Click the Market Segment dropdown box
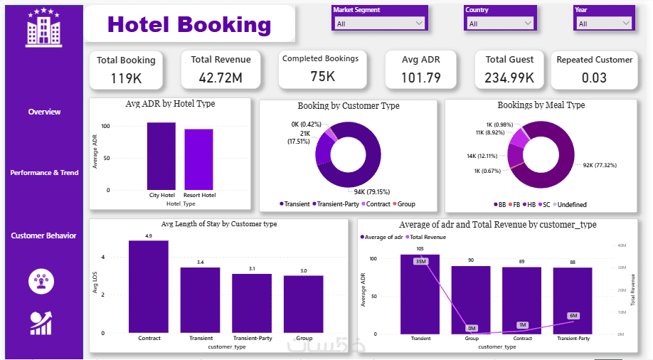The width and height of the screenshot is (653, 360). (x=379, y=23)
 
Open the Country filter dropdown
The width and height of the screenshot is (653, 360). (x=499, y=23)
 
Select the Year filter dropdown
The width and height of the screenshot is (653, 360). (x=603, y=23)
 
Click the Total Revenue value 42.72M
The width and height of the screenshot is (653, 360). (x=221, y=77)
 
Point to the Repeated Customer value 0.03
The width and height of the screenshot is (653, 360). (x=594, y=78)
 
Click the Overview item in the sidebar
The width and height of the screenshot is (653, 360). (x=44, y=112)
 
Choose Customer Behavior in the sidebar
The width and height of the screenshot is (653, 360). (x=43, y=235)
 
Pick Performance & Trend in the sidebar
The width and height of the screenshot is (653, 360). (x=44, y=173)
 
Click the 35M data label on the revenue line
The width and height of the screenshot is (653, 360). (x=420, y=261)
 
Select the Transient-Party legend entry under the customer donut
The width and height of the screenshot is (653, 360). (x=336, y=204)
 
